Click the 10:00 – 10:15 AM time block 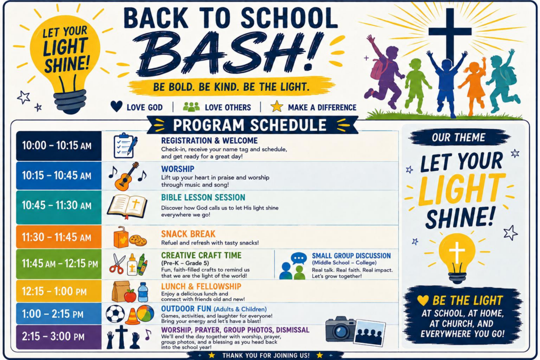59,146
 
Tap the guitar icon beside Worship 127,176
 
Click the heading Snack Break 188,234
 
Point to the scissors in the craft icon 117,264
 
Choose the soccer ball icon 115,314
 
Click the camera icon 340,330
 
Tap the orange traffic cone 132,316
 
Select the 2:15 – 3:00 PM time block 59,337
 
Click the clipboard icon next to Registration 126,145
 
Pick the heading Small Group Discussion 351,256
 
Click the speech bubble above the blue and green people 298,258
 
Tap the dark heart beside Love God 117,106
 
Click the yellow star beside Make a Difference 276,106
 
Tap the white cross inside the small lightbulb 457,252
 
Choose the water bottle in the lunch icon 142,293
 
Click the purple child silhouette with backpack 384,72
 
